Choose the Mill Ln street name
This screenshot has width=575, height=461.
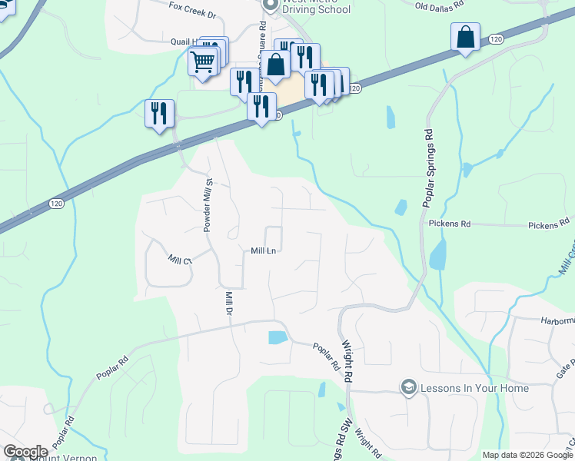[263, 250]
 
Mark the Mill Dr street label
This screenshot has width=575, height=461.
[228, 303]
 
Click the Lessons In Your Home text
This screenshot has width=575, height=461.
[475, 388]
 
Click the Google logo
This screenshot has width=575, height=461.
[26, 452]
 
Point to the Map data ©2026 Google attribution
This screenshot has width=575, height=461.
[527, 455]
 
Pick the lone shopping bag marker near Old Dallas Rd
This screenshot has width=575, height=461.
[466, 37]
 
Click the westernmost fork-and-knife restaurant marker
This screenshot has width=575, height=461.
[159, 113]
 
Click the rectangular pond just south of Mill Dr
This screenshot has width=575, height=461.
[277, 337]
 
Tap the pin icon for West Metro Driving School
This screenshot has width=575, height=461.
[270, 5]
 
